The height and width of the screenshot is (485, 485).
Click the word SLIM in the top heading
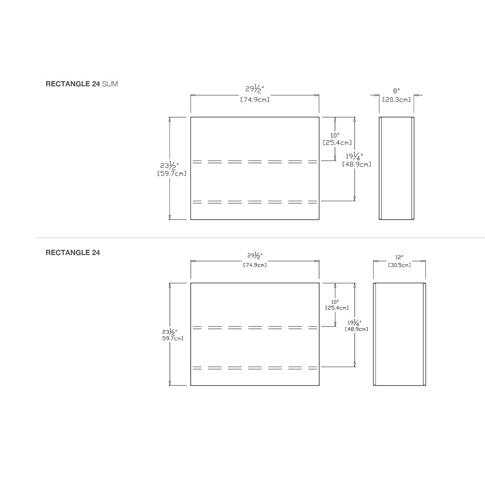tap(110, 84)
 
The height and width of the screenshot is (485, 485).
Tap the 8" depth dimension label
tap(396, 90)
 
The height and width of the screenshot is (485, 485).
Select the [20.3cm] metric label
tap(396, 99)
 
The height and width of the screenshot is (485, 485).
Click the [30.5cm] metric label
tap(399, 265)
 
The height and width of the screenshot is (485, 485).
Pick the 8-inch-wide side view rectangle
tap(396, 168)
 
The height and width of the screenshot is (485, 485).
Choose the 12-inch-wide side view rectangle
tap(399, 334)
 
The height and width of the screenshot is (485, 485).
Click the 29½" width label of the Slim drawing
tap(255, 89)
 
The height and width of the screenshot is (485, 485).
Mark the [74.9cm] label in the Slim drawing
tap(255, 99)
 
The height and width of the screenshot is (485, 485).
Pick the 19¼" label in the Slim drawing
tap(354, 156)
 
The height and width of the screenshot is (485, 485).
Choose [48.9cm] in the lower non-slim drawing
tap(356, 329)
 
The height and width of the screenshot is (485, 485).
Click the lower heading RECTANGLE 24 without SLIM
tap(73, 253)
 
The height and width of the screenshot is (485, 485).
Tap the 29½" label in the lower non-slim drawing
tap(255, 255)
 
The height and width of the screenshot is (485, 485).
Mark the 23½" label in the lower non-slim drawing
tap(169, 332)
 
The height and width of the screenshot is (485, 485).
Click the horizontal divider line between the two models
tap(242, 238)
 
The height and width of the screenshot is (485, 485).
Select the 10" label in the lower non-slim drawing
tap(335, 301)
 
